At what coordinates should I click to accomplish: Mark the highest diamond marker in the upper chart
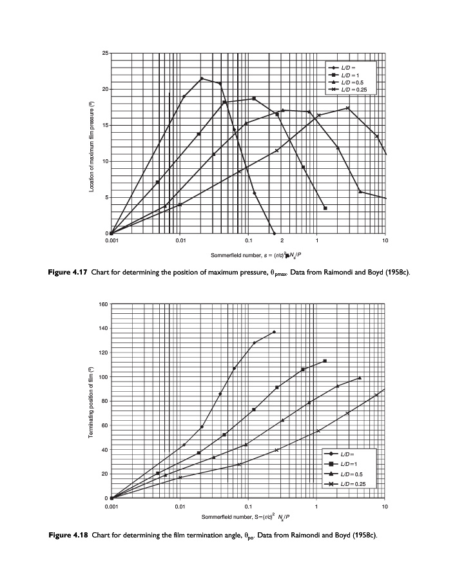202,79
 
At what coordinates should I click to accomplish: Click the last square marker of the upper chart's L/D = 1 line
325,208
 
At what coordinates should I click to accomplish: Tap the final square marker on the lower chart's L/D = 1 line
325,361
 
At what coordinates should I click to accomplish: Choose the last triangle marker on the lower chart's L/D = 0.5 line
360,378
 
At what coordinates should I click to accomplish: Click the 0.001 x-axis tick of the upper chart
111,240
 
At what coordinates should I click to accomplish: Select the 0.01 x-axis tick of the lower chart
180,507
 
